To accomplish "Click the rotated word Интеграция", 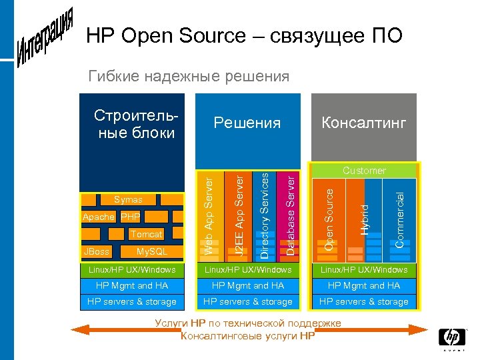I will tap(45, 38).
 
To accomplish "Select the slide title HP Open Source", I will tap(244, 35).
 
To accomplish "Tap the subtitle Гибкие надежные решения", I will tap(189, 76).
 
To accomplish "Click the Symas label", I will tap(128, 199).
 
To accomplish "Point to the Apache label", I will tap(99, 217).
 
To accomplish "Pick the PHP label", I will tap(130, 217).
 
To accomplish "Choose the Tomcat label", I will tap(146, 234).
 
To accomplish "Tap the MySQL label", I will tap(151, 251).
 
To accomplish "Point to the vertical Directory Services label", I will tap(265, 215).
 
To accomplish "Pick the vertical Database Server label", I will tap(290, 213).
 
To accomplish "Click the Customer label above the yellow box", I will tap(364, 171).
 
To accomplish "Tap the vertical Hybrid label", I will tap(364, 219).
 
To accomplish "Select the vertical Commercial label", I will tap(399, 219).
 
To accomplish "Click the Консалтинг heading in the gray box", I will tap(363, 123).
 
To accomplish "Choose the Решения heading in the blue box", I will tap(247, 123).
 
